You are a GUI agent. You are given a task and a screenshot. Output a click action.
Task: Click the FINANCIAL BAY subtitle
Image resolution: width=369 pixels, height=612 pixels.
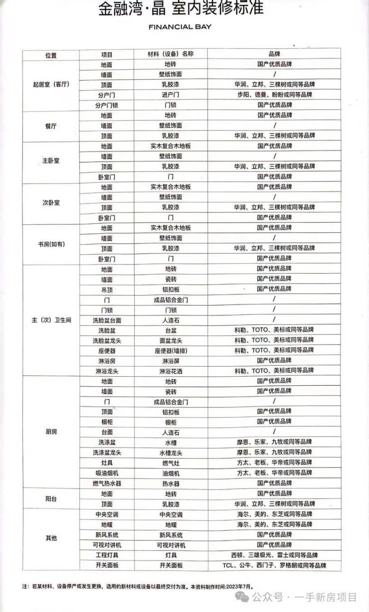pyautogui.click(x=180, y=27)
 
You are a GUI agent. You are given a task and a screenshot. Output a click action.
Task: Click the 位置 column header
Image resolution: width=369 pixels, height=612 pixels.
pyautogui.click(x=50, y=54)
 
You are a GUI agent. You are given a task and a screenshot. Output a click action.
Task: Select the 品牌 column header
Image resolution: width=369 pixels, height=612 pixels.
pyautogui.click(x=274, y=54)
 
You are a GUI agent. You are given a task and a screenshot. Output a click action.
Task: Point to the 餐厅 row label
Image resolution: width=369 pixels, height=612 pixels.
pyautogui.click(x=50, y=126)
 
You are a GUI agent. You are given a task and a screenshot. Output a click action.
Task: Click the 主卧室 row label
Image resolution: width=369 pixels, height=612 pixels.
pyautogui.click(x=50, y=161)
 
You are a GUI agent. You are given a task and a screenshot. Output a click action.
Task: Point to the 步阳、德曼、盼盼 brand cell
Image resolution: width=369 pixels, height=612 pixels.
pyautogui.click(x=274, y=95)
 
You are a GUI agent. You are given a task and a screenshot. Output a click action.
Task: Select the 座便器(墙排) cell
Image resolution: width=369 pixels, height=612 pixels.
pyautogui.click(x=171, y=350)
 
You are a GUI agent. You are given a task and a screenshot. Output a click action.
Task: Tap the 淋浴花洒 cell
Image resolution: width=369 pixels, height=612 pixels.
pyautogui.click(x=171, y=371)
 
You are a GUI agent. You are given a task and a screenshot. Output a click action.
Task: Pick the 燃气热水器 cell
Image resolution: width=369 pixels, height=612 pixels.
pyautogui.click(x=107, y=483)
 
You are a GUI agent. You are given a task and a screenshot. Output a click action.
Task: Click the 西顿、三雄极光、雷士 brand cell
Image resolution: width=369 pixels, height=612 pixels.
pyautogui.click(x=274, y=555)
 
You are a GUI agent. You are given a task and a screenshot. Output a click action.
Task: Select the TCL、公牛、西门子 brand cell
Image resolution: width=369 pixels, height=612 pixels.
pyautogui.click(x=274, y=566)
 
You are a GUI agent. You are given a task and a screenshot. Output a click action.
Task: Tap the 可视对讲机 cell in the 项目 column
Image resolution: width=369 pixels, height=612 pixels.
pyautogui.click(x=107, y=545)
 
